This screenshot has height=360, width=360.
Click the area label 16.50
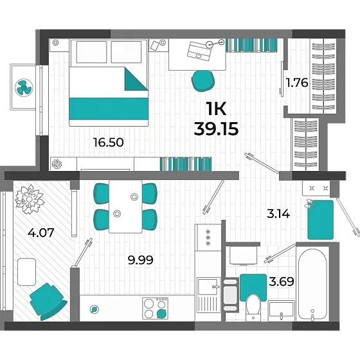[x=109, y=142]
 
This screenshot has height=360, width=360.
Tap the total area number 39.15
[x=216, y=129]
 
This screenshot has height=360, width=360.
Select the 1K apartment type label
[x=216, y=109]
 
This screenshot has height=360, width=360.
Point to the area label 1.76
[x=297, y=83]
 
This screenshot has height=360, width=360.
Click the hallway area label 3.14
[x=278, y=214]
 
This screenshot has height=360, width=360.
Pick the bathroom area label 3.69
[x=282, y=282]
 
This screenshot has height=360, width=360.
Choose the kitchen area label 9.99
[x=141, y=260]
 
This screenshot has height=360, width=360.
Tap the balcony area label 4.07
[x=41, y=232]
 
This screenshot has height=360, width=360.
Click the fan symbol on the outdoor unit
[x=24, y=87]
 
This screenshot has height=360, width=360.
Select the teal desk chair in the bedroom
[x=203, y=81]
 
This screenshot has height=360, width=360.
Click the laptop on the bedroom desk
[x=199, y=51]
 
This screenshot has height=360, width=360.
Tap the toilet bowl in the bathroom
[x=253, y=307]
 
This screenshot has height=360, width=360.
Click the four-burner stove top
[x=155, y=309]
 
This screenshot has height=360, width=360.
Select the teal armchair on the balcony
[x=48, y=301]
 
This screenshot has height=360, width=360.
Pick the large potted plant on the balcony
[x=29, y=199]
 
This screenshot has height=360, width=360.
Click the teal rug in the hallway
[x=320, y=220]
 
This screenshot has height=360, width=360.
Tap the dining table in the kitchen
[x=125, y=206]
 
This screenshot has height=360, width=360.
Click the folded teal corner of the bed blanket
[x=136, y=78]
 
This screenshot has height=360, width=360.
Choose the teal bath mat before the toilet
[x=253, y=287]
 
